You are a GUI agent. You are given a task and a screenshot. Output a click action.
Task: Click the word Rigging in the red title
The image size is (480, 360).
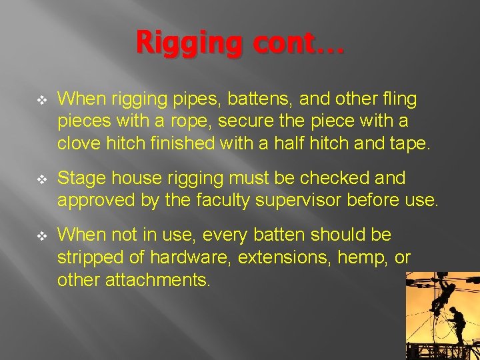pos(179,44)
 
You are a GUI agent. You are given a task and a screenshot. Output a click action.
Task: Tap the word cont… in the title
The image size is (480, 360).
pos(291,44)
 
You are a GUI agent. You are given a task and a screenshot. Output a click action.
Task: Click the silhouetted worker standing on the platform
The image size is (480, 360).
pos(458,327)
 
